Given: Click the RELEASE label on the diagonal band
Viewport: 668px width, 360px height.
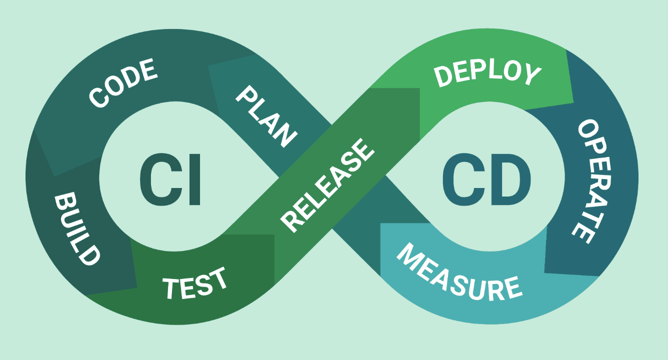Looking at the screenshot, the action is (x=327, y=185).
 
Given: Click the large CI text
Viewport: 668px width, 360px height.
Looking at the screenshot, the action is (x=170, y=179).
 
